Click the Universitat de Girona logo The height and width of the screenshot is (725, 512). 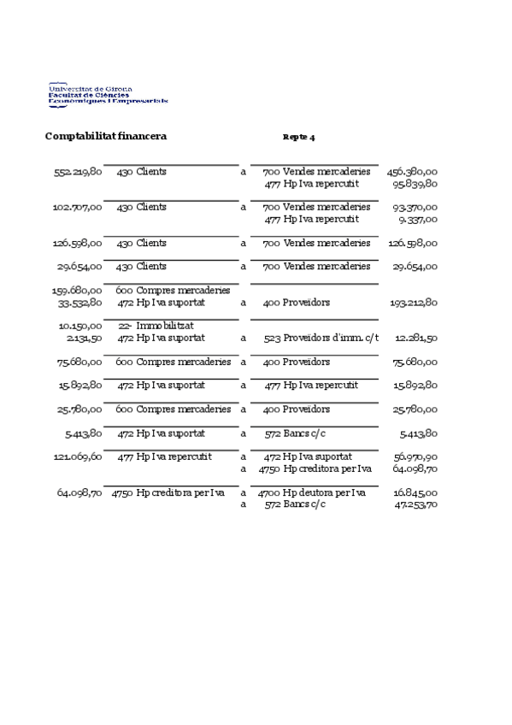coord(108,95)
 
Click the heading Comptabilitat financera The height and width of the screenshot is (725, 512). coord(105,137)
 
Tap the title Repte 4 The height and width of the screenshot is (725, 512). coord(298,138)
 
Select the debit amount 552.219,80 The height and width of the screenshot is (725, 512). coord(78,172)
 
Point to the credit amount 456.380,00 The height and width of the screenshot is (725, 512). coord(412,172)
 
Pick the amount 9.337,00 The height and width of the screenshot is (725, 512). coord(418,219)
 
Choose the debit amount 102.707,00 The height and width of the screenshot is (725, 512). coord(78,208)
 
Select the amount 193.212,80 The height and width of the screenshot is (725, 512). coord(414,303)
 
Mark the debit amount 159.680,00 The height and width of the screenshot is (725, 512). coord(78,291)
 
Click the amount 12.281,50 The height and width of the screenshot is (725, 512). coord(416,338)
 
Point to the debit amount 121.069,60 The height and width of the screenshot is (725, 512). coord(78,457)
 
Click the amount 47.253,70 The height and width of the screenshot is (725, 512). coord(415,505)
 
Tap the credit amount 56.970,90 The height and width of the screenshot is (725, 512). coord(415,457)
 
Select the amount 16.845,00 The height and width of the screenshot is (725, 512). coord(415,493)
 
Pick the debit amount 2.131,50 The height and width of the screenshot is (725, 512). coord(84,338)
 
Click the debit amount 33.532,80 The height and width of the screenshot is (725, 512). coord(80,303)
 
